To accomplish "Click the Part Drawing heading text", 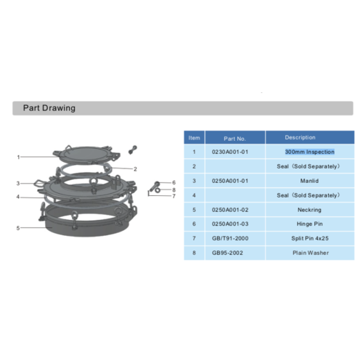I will (49, 108).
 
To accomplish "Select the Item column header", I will (194, 137).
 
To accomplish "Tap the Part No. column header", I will (234, 137).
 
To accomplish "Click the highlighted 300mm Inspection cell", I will (309, 152).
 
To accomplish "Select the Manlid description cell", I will (309, 180).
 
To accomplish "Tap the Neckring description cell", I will (309, 209).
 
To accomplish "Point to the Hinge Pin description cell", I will (309, 224).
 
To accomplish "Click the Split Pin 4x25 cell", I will (309, 238).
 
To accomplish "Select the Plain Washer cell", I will (309, 253).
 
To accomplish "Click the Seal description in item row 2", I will (309, 166).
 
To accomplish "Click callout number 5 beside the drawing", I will (18, 228).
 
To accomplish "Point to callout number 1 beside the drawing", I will (18, 157).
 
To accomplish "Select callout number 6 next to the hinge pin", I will (174, 183).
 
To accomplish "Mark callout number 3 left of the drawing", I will (18, 183).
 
